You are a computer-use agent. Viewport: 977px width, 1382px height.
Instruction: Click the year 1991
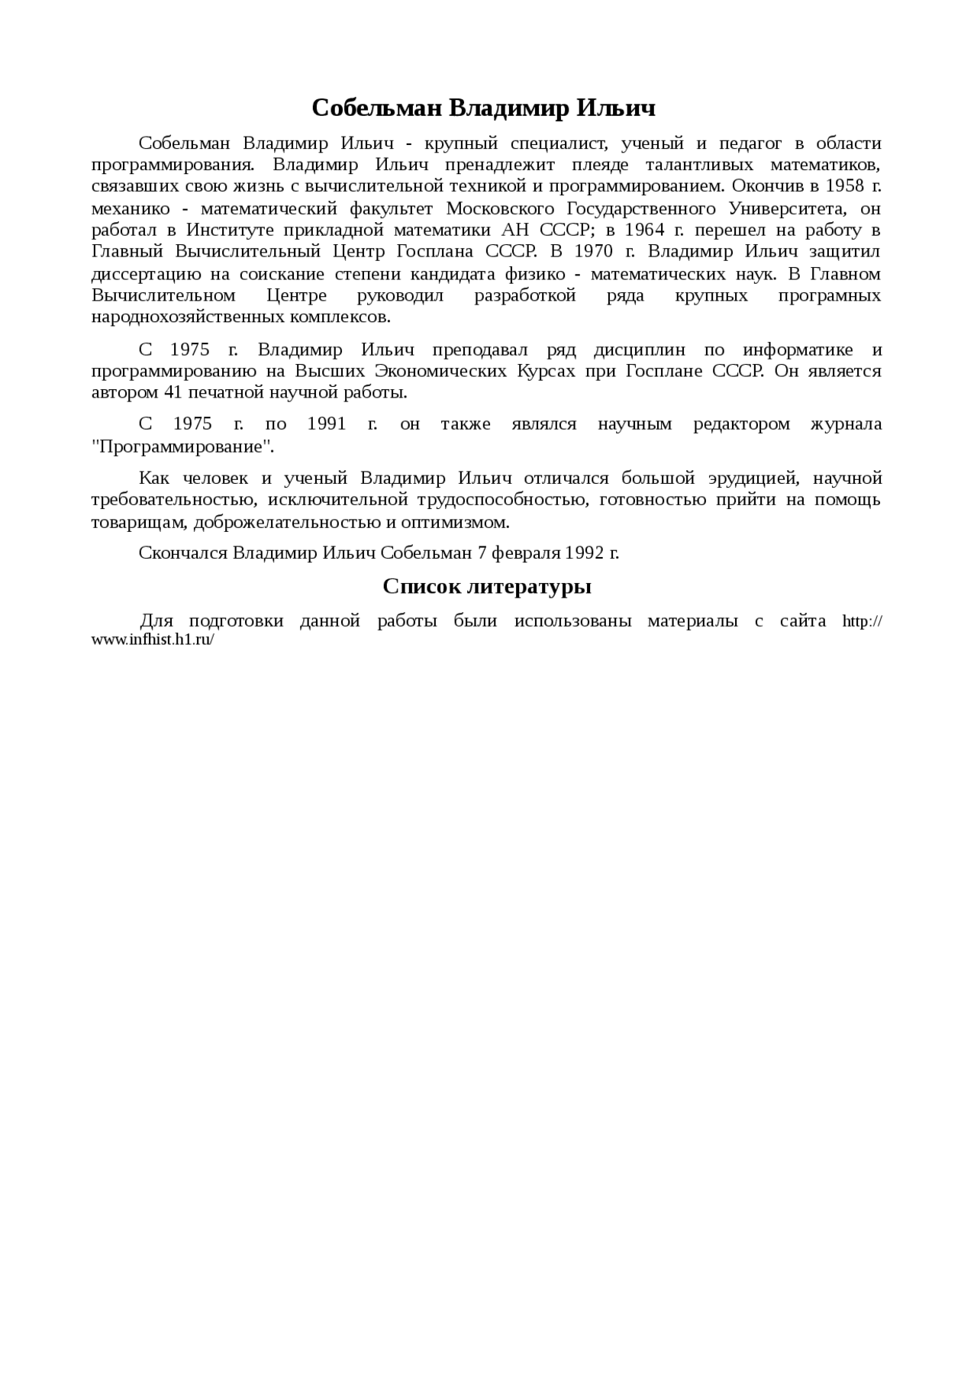pyautogui.click(x=327, y=424)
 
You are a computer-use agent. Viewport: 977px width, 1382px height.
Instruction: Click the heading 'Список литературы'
pyautogui.click(x=487, y=587)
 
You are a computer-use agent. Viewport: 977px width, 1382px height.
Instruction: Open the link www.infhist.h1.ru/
pyautogui.click(x=153, y=640)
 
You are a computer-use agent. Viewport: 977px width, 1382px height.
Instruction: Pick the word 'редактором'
pyautogui.click(x=741, y=424)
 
